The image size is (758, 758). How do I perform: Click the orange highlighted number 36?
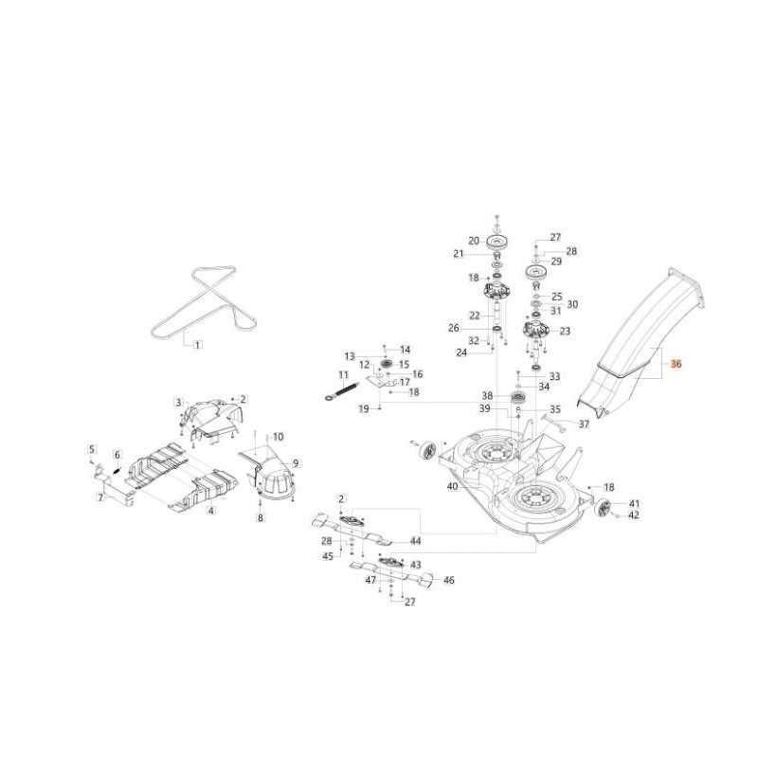tap(676, 364)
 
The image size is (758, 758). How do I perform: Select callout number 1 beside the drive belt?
tap(197, 345)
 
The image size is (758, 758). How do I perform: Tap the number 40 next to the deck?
tap(453, 486)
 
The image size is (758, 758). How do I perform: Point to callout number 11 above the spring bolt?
tap(343, 375)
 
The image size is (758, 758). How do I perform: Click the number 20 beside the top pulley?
tap(474, 241)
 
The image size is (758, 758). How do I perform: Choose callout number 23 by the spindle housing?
tap(565, 331)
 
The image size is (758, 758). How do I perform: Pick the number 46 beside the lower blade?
tap(448, 580)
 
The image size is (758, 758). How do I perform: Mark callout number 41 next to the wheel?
tap(634, 504)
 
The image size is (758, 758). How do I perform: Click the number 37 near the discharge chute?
tap(584, 424)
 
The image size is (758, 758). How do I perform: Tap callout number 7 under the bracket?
tap(100, 496)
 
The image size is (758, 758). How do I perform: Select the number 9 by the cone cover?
tap(296, 463)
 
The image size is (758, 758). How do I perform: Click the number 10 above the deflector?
tap(278, 437)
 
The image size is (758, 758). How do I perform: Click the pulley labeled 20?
tap(498, 242)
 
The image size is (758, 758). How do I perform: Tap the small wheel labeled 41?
tap(605, 509)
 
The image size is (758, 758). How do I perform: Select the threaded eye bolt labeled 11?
tap(343, 390)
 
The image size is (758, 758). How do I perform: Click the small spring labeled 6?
tap(117, 468)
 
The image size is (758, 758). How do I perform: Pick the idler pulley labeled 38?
tap(518, 400)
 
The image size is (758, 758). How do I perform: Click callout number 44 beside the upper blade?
tap(416, 541)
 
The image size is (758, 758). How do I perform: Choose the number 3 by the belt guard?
tap(178, 402)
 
